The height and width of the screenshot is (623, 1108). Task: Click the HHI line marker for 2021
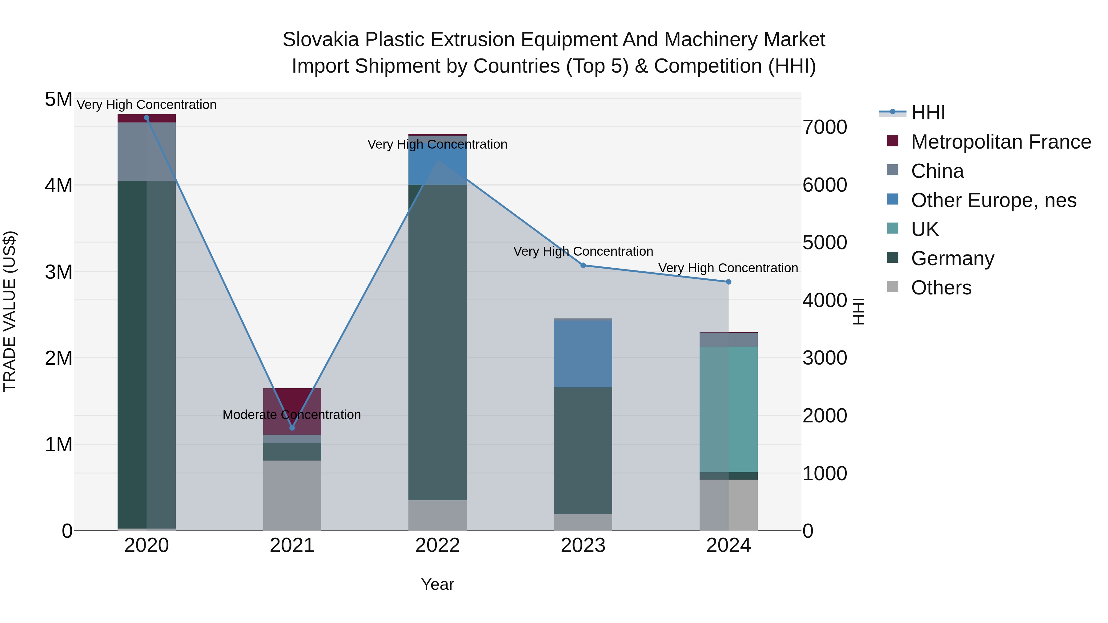(x=292, y=428)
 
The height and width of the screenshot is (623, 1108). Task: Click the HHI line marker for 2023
(x=583, y=265)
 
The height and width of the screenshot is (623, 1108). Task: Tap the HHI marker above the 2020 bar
(x=147, y=118)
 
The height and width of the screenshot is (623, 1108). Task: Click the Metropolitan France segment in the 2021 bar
(x=292, y=404)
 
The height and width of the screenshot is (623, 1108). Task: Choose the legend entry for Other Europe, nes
(x=994, y=200)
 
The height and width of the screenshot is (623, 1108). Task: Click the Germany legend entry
(x=952, y=258)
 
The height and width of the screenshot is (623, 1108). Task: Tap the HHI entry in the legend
(x=928, y=113)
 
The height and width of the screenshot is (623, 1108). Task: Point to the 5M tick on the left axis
(x=58, y=99)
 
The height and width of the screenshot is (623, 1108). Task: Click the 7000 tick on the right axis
(x=825, y=127)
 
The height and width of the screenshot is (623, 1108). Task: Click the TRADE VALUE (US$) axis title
(x=10, y=311)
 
